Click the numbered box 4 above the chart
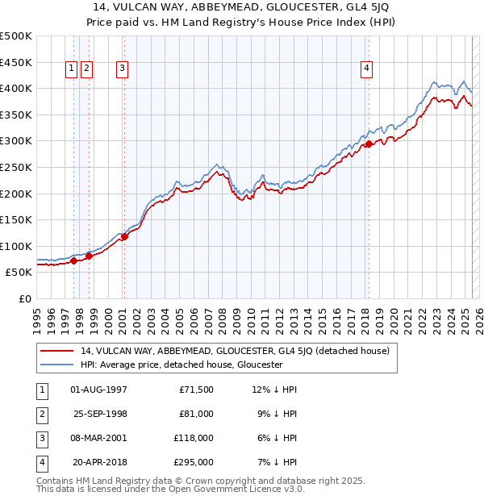[366, 69]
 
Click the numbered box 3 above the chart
[122, 69]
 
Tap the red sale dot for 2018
[369, 144]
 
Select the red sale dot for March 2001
[124, 236]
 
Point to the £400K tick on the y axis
[16, 88]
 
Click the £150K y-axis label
[16, 219]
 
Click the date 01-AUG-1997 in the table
[99, 390]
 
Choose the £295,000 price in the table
[194, 462]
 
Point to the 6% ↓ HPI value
[278, 438]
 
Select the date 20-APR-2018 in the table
[100, 462]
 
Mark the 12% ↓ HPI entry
[275, 390]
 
